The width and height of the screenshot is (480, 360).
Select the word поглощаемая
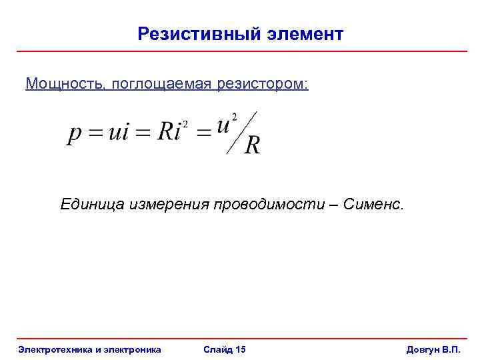pyautogui.click(x=162, y=84)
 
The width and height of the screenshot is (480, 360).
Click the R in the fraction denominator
pyautogui.click(x=253, y=145)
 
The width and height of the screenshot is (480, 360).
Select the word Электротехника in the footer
pyautogui.click(x=56, y=349)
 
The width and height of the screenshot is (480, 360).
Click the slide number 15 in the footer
pyautogui.click(x=241, y=349)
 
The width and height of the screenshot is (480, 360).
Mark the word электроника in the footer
pyautogui.click(x=132, y=349)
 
